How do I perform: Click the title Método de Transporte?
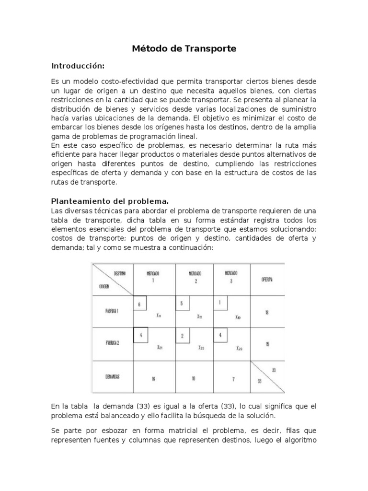184,48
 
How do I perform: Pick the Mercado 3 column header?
231,277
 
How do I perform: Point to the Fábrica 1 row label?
112,311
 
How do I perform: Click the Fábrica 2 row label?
112,343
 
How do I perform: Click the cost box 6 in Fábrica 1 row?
139,304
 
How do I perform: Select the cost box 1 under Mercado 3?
220,303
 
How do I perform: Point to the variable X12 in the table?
199,316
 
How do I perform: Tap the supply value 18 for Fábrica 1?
266,312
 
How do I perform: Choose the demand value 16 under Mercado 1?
153,379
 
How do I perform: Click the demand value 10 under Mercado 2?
193,379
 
